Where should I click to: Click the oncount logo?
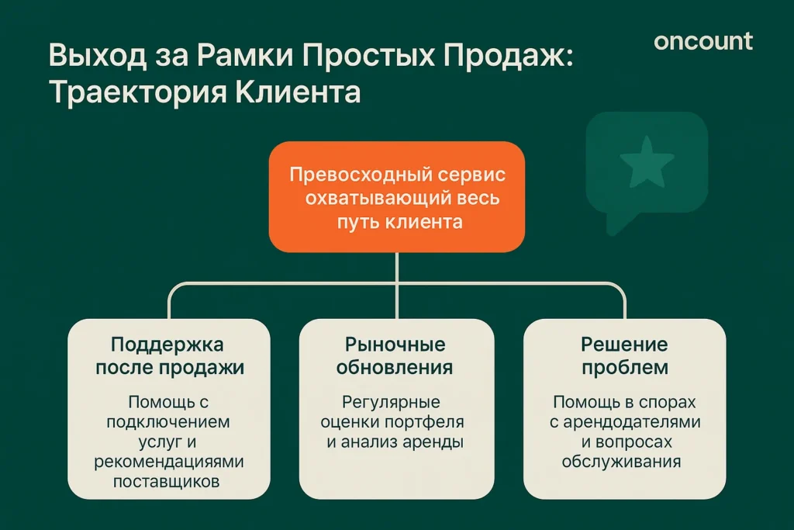pyautogui.click(x=703, y=41)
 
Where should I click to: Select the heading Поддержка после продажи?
pyautogui.click(x=169, y=355)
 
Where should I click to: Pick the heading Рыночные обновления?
pyautogui.click(x=395, y=355)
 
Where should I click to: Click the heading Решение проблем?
pyautogui.click(x=624, y=355)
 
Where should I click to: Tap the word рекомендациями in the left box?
pyautogui.click(x=169, y=462)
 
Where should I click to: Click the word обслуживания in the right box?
pyautogui.click(x=623, y=462)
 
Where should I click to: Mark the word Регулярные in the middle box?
pyautogui.click(x=391, y=403)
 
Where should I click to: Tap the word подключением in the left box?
pyautogui.click(x=169, y=423)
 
